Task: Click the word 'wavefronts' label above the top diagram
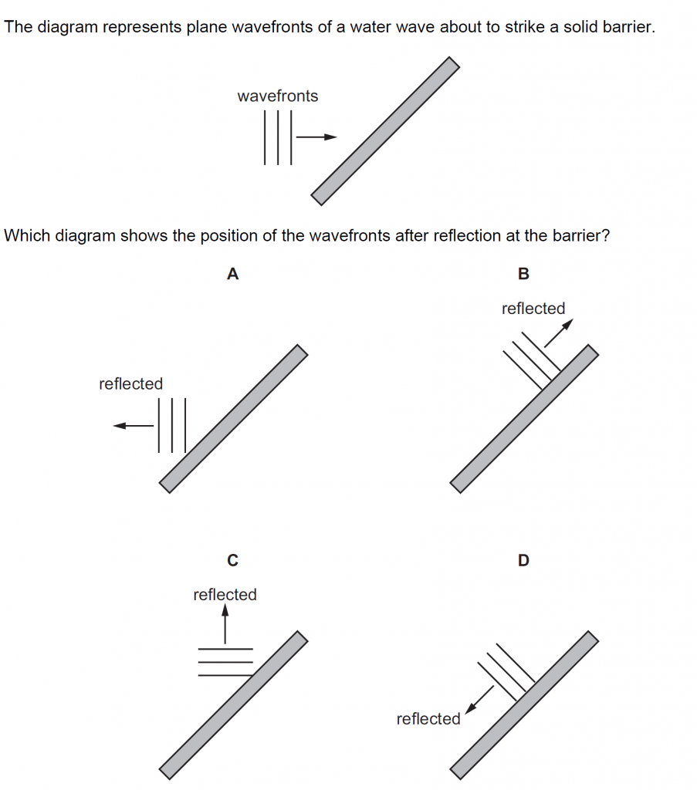(277, 96)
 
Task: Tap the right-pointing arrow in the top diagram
(317, 137)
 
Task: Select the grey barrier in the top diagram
(385, 131)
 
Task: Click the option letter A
(232, 274)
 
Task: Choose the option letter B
(523, 274)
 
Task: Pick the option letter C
(232, 561)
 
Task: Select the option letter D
(523, 561)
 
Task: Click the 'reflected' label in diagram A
(130, 383)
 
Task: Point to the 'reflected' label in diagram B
(533, 309)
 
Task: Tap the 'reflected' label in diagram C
(225, 595)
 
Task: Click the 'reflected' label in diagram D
(428, 719)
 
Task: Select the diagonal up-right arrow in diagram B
(560, 333)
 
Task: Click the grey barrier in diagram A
(233, 418)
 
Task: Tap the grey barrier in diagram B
(524, 418)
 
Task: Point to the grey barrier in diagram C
(233, 704)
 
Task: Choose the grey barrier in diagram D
(524, 704)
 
